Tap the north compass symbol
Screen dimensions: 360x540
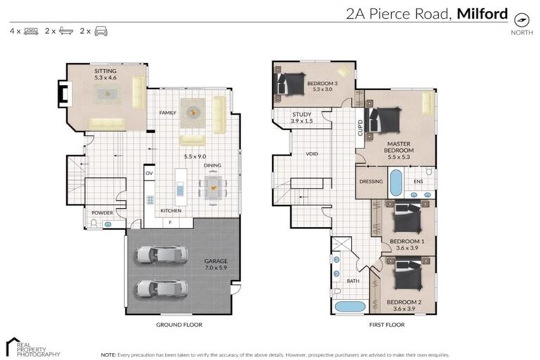click(x=521, y=20)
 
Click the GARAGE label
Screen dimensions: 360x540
click(x=215, y=261)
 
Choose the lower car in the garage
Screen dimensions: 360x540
click(x=162, y=288)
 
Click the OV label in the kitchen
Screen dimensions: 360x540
click(x=149, y=173)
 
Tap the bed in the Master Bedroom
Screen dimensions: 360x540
click(x=385, y=120)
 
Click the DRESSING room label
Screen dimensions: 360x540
click(x=371, y=181)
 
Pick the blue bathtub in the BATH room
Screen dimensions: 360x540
click(x=349, y=307)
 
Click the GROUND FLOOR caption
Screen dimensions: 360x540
click(x=179, y=325)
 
